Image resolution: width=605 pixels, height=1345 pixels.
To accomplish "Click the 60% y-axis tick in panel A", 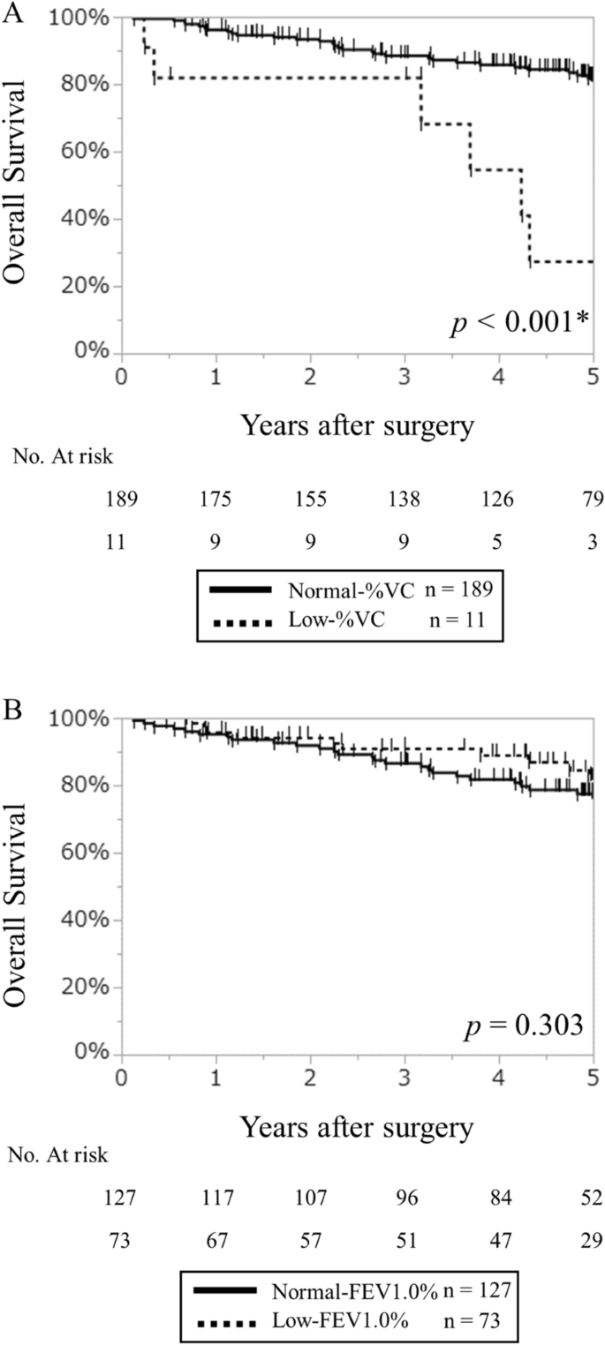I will coord(93,152).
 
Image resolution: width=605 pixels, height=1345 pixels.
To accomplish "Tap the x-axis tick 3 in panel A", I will coord(404,373).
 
